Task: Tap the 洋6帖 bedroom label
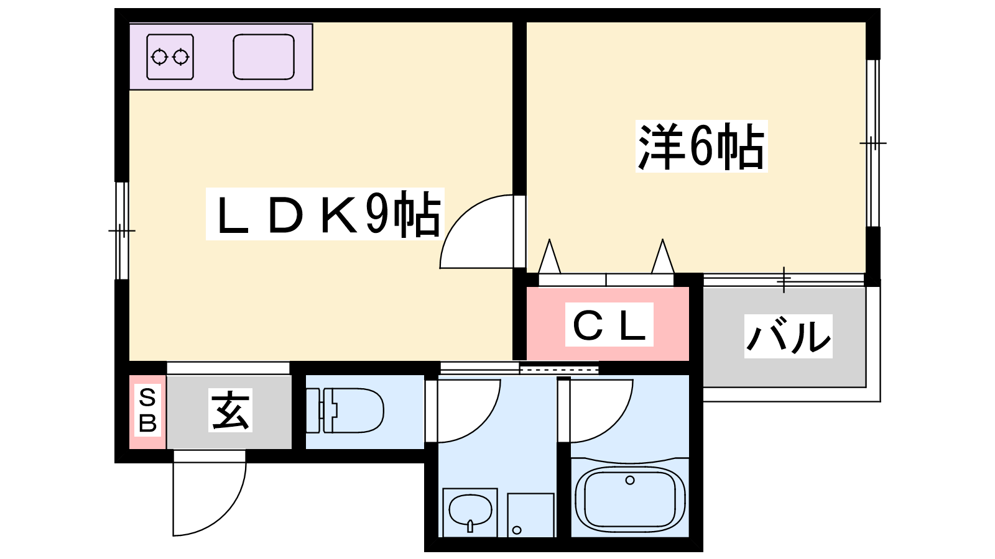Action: (701, 147)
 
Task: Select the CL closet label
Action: (609, 325)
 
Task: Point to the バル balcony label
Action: (788, 336)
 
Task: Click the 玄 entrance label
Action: (231, 411)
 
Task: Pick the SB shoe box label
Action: (147, 411)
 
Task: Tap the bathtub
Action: (630, 499)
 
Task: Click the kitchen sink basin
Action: (264, 57)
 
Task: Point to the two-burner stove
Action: (170, 57)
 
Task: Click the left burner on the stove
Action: (159, 57)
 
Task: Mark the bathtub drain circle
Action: (630, 480)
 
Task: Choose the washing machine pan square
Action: (530, 515)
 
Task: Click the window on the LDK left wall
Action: (122, 231)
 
